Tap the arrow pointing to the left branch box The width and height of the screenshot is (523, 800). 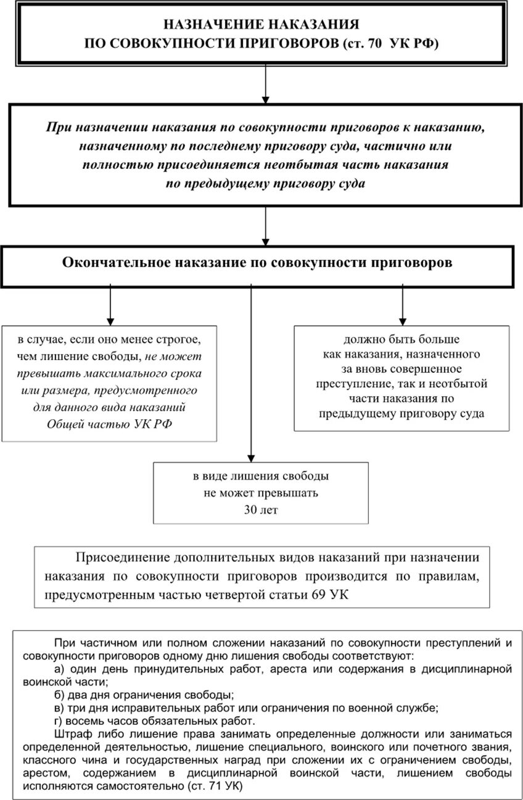point(110,306)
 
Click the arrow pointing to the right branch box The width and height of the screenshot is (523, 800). point(402,306)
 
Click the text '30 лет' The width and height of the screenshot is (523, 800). point(261,510)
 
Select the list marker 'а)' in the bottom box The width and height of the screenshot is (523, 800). point(60,669)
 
